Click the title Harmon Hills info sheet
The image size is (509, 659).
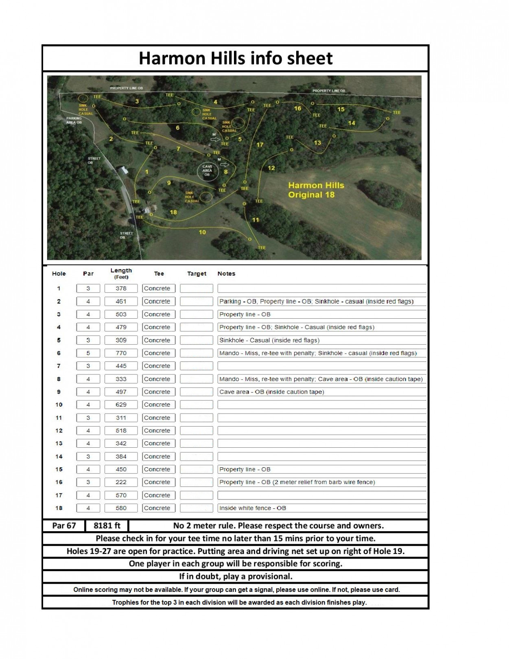[236, 58]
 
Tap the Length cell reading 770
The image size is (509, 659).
[121, 353]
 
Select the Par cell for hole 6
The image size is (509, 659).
[88, 353]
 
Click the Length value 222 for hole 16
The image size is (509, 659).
[121, 482]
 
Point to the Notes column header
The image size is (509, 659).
[226, 274]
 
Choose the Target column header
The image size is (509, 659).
[197, 274]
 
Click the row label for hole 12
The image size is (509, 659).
[59, 430]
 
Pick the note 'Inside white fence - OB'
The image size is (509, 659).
[253, 508]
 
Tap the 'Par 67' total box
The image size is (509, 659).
[64, 525]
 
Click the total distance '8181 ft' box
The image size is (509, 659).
[107, 525]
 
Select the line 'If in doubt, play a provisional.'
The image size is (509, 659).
[236, 576]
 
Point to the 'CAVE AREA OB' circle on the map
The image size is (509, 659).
[208, 171]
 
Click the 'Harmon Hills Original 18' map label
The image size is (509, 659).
[316, 190]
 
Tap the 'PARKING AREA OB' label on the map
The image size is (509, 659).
[74, 120]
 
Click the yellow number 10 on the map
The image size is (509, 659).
[202, 232]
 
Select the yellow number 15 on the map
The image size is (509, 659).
[341, 109]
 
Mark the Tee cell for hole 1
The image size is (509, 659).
[159, 288]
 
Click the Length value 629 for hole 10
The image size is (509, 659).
[121, 405]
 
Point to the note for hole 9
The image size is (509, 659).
[271, 392]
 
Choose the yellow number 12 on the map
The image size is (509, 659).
[271, 168]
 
